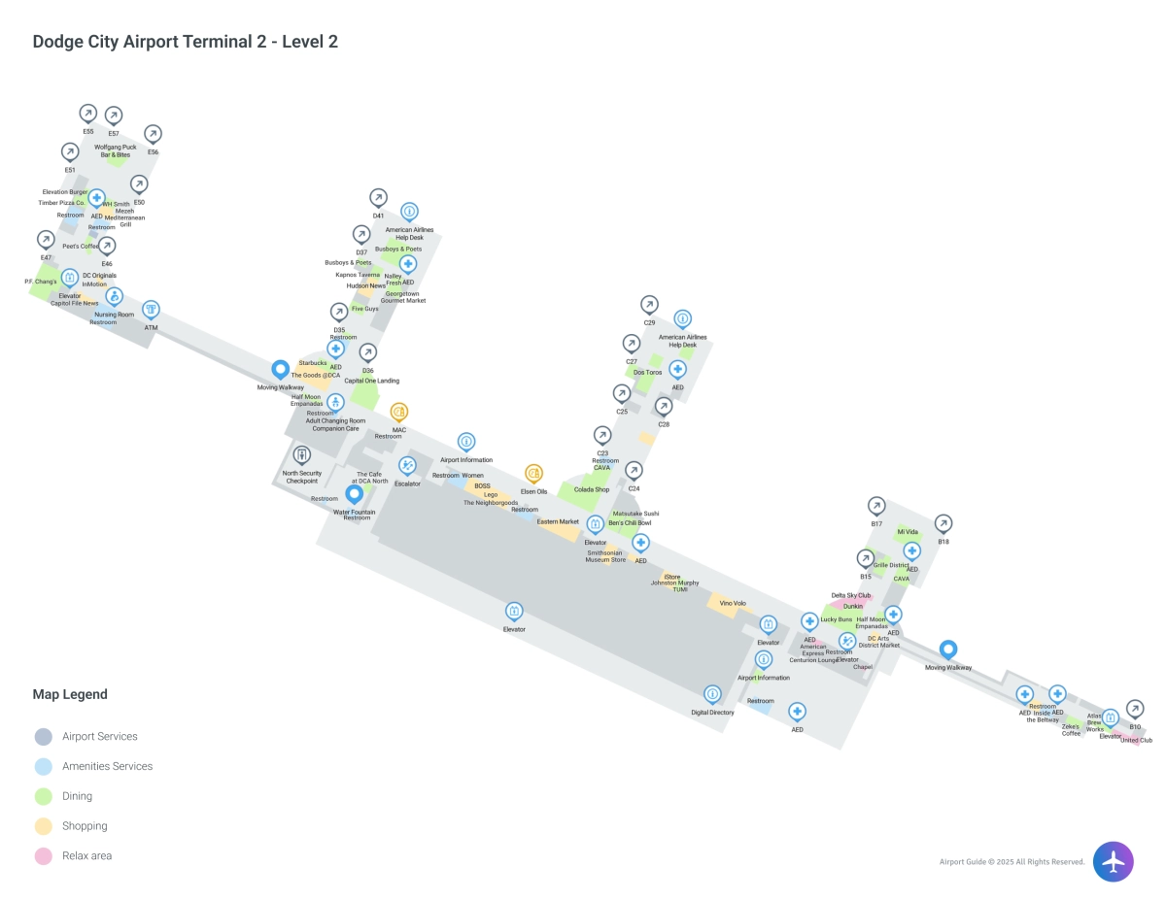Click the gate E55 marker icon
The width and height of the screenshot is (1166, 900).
(87, 114)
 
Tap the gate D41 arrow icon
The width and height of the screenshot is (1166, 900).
(378, 197)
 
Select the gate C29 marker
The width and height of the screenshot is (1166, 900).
(649, 304)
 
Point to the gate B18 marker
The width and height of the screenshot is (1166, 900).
(943, 523)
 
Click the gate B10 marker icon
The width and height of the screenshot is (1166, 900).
(1134, 709)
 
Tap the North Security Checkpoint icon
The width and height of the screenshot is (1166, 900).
(301, 454)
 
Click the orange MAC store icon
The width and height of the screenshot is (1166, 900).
(398, 412)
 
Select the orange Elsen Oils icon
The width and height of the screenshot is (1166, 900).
(533, 473)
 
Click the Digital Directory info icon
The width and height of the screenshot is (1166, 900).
(712, 694)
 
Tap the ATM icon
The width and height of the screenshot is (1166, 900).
(151, 309)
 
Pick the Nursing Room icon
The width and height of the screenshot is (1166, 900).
(114, 296)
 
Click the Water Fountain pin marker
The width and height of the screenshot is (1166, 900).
(355, 493)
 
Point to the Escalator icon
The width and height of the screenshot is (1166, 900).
(407, 465)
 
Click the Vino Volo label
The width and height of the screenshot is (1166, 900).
(733, 603)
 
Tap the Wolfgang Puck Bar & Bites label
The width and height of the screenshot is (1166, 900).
(116, 151)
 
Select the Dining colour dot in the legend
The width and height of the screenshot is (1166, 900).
(43, 796)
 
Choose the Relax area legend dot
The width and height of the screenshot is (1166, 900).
(43, 856)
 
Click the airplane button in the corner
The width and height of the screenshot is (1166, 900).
(1113, 861)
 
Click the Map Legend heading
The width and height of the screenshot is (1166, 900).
(70, 694)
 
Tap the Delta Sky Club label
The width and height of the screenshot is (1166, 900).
(850, 595)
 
